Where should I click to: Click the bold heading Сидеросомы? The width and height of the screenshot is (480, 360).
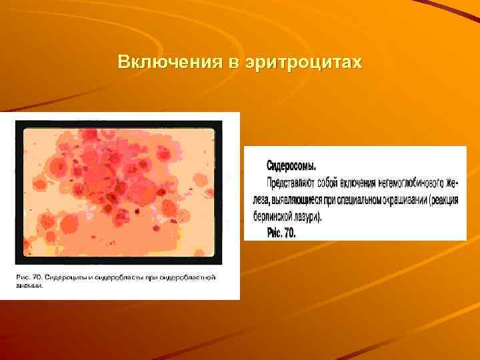pos(291,164)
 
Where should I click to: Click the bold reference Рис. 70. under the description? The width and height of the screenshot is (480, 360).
pos(281,233)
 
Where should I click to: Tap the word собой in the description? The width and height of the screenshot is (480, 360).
pos(329,181)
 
